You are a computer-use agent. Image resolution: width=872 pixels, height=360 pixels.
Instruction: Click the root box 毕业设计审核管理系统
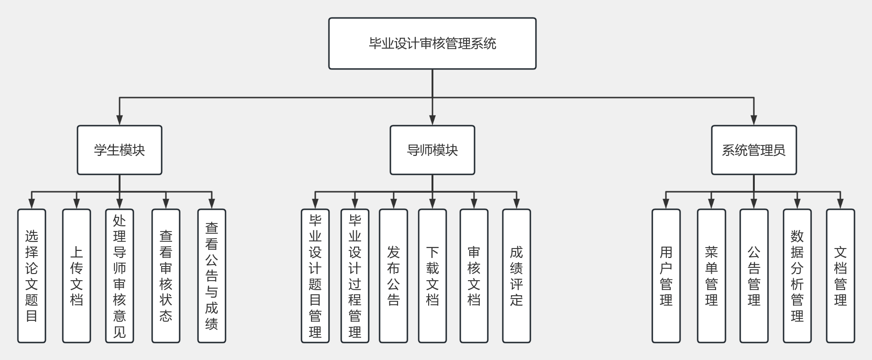pyautogui.click(x=432, y=43)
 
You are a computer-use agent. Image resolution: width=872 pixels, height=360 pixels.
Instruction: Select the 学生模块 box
pyautogui.click(x=120, y=150)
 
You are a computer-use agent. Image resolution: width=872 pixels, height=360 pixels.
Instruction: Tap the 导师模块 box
pyautogui.click(x=432, y=150)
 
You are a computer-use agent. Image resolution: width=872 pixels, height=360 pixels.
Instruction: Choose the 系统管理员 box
pyautogui.click(x=753, y=150)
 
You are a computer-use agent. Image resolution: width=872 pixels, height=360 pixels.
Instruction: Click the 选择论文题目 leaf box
pyautogui.click(x=32, y=276)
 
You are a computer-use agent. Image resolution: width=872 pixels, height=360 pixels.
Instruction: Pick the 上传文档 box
pyautogui.click(x=77, y=276)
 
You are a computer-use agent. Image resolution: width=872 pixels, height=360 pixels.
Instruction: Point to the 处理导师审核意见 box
pyautogui.click(x=120, y=276)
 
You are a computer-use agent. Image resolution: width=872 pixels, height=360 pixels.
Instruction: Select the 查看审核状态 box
pyautogui.click(x=166, y=276)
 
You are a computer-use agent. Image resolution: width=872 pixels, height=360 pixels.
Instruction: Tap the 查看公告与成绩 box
pyautogui.click(x=212, y=276)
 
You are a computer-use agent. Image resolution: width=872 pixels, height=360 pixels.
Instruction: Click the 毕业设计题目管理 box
pyautogui.click(x=315, y=276)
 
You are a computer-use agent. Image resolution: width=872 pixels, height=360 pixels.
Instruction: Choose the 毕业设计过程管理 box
pyautogui.click(x=355, y=276)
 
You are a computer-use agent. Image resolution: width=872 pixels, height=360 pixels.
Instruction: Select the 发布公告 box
pyautogui.click(x=393, y=276)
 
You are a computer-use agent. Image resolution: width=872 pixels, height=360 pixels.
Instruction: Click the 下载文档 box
pyautogui.click(x=432, y=276)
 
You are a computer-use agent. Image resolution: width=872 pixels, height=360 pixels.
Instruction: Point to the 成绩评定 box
pyautogui.click(x=517, y=276)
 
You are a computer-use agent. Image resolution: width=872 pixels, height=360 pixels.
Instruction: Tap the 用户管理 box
pyautogui.click(x=666, y=276)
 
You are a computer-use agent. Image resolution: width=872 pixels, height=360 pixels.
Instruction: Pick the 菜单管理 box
pyautogui.click(x=711, y=276)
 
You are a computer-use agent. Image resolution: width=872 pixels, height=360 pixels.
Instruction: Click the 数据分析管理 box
pyautogui.click(x=797, y=276)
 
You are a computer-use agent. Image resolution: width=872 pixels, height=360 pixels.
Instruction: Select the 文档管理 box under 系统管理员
pyautogui.click(x=840, y=276)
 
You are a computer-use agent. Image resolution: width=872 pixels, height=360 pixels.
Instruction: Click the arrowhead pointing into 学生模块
pyautogui.click(x=120, y=120)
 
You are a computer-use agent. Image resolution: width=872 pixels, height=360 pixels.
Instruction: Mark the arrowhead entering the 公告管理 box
pyautogui.click(x=754, y=204)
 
